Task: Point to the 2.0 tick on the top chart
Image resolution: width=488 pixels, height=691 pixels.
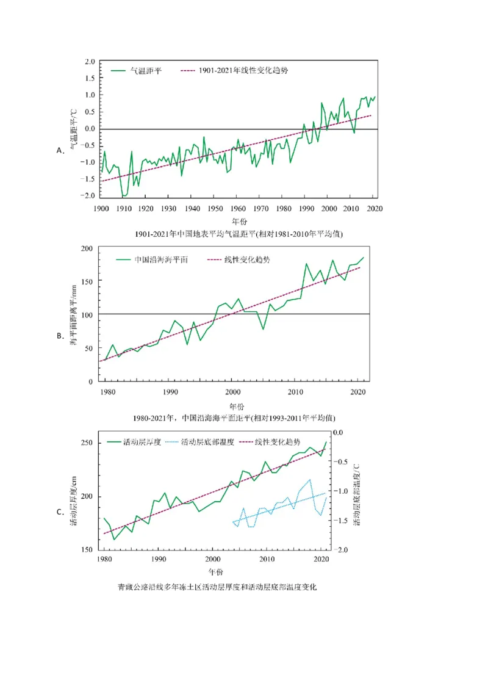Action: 89,62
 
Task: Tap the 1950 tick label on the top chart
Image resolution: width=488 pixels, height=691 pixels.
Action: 214,209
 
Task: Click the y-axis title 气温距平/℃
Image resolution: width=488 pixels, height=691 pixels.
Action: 73,129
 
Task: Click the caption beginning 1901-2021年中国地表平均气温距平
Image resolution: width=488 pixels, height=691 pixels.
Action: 238,234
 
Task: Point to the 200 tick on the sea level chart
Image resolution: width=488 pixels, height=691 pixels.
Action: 86,248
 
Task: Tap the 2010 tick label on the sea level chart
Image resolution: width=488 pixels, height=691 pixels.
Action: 295,391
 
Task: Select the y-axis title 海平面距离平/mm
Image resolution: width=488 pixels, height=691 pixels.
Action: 73,314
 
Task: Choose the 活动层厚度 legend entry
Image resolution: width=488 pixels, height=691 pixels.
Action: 142,442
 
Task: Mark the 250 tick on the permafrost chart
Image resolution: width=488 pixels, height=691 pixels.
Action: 86,443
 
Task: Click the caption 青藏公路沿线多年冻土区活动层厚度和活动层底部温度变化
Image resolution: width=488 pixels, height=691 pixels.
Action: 217,587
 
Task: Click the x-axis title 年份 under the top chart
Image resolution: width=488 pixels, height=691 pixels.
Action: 239,220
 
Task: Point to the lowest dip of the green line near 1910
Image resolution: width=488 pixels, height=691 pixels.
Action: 124,196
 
